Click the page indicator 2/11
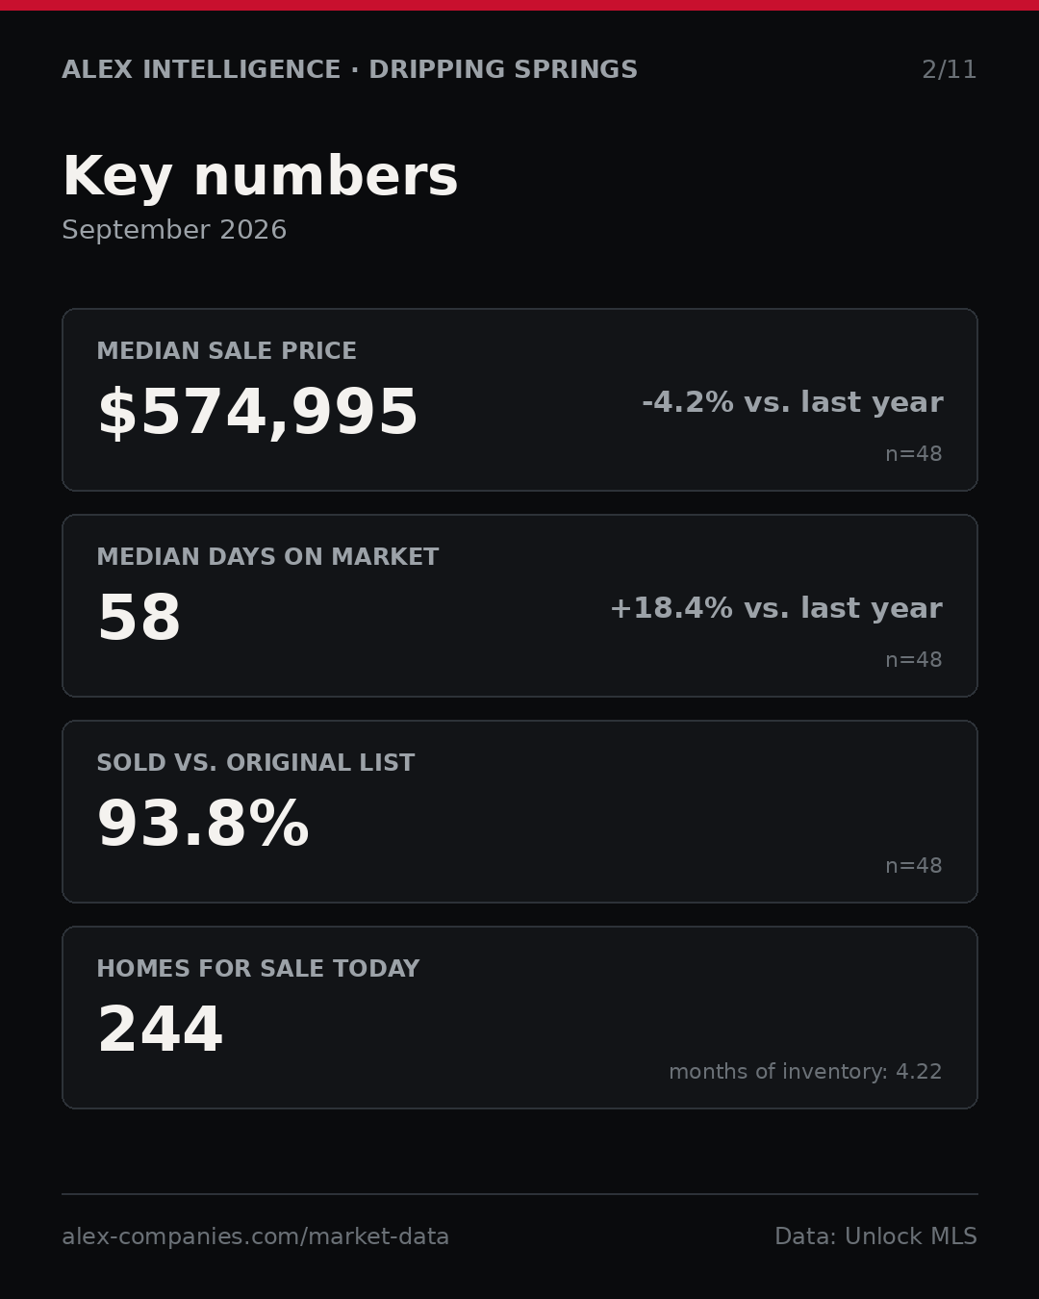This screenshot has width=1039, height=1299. pyautogui.click(x=949, y=70)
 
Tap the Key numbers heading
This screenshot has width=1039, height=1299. pyautogui.click(x=260, y=176)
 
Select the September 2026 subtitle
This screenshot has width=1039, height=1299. pyautogui.click(x=174, y=230)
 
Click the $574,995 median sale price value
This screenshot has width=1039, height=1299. pyautogui.click(x=258, y=412)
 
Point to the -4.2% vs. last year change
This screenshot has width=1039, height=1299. pyautogui.click(x=792, y=402)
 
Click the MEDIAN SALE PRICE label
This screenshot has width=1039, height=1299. pyautogui.click(x=226, y=350)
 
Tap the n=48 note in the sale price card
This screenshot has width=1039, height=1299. pyautogui.click(x=913, y=454)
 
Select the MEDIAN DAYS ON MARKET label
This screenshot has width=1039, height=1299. pyautogui.click(x=267, y=556)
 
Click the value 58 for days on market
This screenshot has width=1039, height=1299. pyautogui.click(x=139, y=618)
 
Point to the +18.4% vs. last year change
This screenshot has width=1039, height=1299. pyautogui.click(x=776, y=608)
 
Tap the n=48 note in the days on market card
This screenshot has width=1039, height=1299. pyautogui.click(x=913, y=660)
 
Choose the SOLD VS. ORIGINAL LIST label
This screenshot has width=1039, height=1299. pyautogui.click(x=255, y=762)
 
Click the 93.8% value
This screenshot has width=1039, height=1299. pyautogui.click(x=203, y=824)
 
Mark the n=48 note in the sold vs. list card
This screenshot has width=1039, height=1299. pyautogui.click(x=913, y=866)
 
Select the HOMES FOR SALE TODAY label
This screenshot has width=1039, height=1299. pyautogui.click(x=258, y=968)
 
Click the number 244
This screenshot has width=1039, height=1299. pyautogui.click(x=160, y=1030)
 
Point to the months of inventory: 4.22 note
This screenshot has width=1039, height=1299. pyautogui.click(x=805, y=1071)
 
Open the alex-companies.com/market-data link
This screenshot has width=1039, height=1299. pyautogui.click(x=255, y=1236)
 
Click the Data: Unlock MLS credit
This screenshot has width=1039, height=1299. pyautogui.click(x=875, y=1236)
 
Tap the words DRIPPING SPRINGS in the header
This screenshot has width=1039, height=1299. pyautogui.click(x=503, y=69)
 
